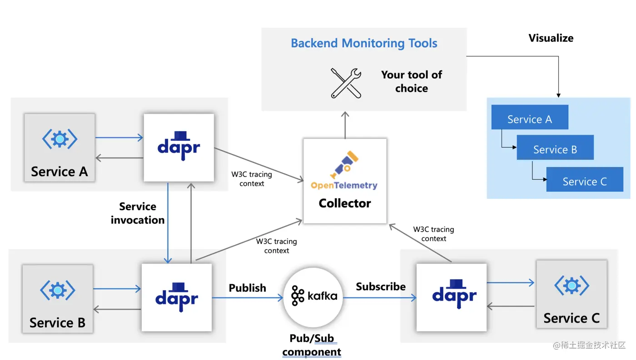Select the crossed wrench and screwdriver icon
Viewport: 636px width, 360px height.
coord(346,83)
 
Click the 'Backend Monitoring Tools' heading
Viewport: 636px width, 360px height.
coord(364,44)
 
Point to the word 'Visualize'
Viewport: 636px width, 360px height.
coord(551,38)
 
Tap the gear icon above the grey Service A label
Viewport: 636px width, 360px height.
coord(60,138)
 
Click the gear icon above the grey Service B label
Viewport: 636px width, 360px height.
coord(58,289)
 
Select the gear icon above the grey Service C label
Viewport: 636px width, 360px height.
coord(571,285)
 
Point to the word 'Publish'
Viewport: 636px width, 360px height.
coord(248,288)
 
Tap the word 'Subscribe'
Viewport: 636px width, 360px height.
coord(381,286)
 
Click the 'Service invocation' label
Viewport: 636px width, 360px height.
coord(138,213)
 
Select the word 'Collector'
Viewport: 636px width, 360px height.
coord(345,203)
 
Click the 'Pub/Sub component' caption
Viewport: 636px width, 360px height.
coord(312,345)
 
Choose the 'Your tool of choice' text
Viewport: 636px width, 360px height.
coord(412,81)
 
